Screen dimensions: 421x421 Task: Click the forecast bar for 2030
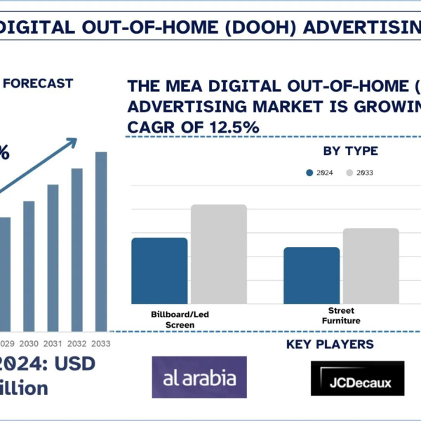pos(29,266)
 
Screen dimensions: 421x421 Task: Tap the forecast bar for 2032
pos(77,250)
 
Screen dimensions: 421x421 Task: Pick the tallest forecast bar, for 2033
pos(101,241)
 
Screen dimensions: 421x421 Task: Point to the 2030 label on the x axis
pos(29,344)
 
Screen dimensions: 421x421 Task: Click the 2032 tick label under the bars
pos(77,344)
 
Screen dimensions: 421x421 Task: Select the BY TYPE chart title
pos(350,151)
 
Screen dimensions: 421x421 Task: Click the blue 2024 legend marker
pos(309,173)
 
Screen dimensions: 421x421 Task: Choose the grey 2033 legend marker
pos(349,173)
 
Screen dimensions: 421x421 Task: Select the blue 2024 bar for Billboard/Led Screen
pos(159,271)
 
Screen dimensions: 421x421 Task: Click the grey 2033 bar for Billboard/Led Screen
pos(219,254)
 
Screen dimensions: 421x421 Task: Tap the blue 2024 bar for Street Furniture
pos(312,275)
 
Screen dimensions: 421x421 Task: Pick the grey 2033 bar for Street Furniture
pos(370,266)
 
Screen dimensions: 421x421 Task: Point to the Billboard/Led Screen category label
pos(180,319)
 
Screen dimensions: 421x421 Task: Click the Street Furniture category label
pos(341,315)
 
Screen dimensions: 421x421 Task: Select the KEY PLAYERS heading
pos(330,345)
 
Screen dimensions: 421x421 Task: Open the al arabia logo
pos(199,377)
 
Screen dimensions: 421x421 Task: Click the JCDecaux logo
pos(358,379)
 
